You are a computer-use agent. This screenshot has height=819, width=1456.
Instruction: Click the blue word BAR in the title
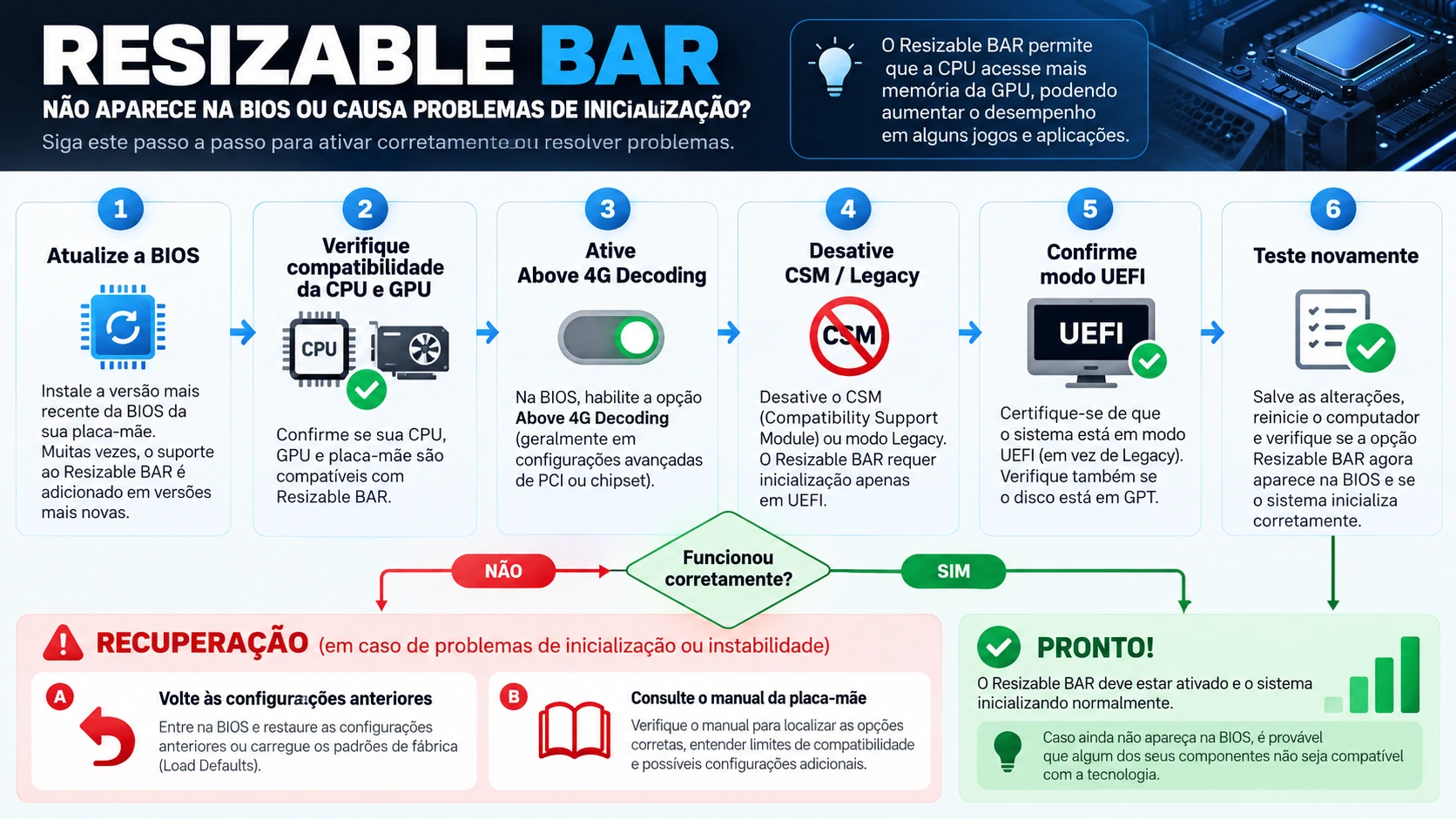(630, 56)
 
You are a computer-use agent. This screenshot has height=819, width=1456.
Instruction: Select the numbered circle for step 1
(120, 209)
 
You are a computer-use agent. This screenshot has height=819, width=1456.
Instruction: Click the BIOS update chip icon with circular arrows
(123, 326)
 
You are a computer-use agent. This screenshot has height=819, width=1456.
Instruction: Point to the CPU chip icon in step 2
(319, 349)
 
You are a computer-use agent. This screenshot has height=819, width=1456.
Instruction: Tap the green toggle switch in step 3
(610, 337)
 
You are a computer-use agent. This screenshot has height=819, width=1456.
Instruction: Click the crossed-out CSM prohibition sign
(849, 336)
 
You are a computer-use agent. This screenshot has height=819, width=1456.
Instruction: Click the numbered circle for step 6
(1332, 209)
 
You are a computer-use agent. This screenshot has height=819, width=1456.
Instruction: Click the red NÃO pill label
(503, 571)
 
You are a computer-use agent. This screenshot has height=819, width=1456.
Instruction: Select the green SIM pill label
(954, 571)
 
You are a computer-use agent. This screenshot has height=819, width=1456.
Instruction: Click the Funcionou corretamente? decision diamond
(728, 569)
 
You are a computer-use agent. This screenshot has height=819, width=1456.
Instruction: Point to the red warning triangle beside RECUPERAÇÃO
(63, 643)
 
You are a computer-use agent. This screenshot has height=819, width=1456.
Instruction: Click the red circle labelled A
(60, 697)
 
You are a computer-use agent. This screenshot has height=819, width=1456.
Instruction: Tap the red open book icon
(575, 730)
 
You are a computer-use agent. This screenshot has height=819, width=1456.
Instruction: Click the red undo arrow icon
(108, 737)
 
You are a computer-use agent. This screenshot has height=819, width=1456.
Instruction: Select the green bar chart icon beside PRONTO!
(1372, 675)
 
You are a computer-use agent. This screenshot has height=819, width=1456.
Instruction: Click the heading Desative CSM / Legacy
(852, 263)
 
